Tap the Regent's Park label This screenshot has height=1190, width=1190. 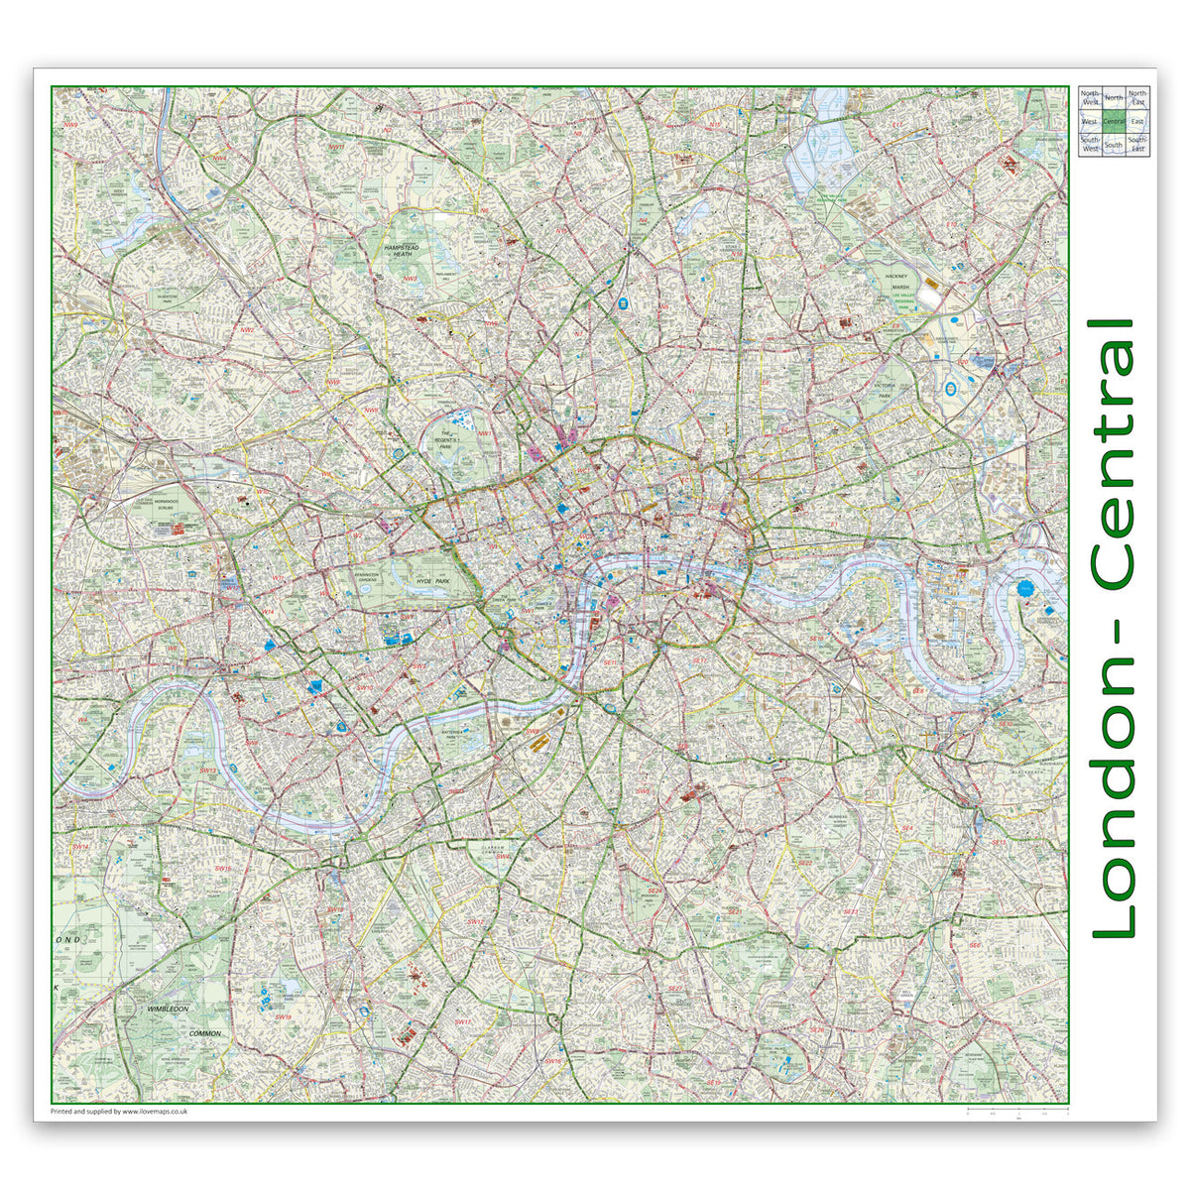459,437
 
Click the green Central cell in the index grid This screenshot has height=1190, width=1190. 1114,121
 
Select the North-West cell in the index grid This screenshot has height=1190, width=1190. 1090,97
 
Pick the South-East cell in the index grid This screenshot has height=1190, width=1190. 1137,145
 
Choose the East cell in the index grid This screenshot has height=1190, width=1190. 1137,121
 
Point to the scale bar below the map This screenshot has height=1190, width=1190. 1017,1108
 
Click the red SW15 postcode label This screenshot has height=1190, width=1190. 222,869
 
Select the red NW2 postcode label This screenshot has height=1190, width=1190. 248,330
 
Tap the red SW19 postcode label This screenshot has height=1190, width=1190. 283,1017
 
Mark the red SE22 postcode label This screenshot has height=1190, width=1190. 674,989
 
